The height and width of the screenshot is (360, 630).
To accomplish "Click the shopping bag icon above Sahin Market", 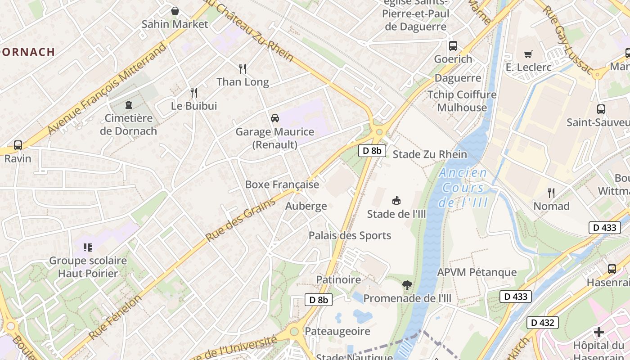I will tap(175, 10).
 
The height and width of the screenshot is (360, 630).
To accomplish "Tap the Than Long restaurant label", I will tap(243, 82).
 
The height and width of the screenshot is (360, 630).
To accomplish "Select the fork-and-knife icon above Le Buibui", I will tap(194, 93).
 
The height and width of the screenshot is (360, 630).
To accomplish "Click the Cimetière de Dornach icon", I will tap(129, 105).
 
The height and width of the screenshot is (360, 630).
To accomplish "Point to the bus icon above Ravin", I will tap(18, 145).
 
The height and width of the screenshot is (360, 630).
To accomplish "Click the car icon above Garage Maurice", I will tap(274, 118).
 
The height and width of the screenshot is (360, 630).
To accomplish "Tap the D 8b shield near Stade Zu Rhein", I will tap(372, 151).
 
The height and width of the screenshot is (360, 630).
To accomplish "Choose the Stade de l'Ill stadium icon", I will tap(396, 200).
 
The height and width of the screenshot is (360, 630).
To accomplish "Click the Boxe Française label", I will tap(282, 184).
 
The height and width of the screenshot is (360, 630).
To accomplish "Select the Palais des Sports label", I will tap(350, 235).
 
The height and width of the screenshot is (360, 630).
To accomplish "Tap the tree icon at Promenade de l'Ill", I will tap(407, 285).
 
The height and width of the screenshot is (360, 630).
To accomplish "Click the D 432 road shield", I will tap(543, 322).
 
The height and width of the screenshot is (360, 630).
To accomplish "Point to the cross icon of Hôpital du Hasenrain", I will tap(599, 332).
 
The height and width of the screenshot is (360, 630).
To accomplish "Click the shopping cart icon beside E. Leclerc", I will tap(528, 54).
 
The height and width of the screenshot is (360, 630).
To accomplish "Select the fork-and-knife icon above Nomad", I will tap(551, 193).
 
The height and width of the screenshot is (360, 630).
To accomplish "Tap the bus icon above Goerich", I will tap(453, 46).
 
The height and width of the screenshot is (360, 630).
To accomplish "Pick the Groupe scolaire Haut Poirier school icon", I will tap(88, 247).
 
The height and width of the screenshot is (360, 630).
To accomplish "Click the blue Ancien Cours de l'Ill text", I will tap(463, 187).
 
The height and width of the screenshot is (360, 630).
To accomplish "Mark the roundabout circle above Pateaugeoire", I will tap(294, 332).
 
